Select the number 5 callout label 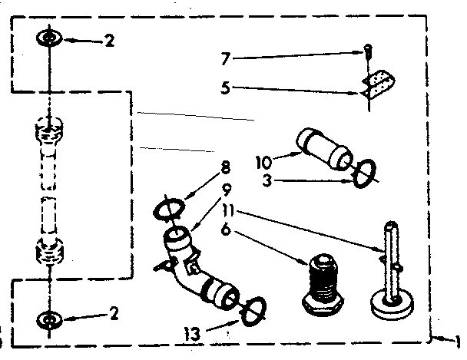coord(224,88)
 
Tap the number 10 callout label coord(263,161)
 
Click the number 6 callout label coord(225,229)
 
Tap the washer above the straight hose coord(49,39)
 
